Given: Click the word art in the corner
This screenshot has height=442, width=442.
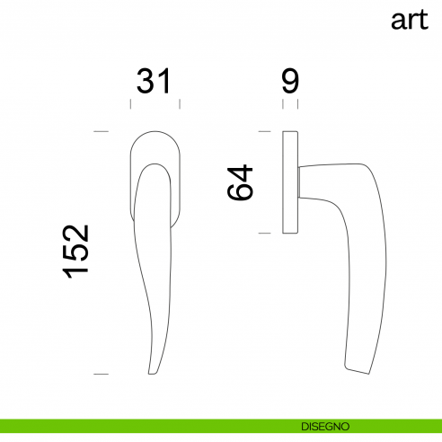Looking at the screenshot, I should coord(410,21).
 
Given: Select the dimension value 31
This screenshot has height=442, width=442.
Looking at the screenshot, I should coord(154,82).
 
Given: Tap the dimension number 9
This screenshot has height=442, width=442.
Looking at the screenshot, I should coord(289,82).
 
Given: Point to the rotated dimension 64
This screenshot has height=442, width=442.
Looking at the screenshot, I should coord(242,182).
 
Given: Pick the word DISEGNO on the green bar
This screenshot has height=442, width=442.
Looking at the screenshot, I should coord(326,425).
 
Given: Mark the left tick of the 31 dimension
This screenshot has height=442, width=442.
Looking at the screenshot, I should coord(131,104).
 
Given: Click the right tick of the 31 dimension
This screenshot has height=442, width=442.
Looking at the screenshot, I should coord(179,104).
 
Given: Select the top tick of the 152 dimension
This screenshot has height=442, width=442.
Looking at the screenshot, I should coord(101,133).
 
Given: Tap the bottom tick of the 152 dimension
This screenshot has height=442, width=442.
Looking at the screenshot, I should coord(101,373).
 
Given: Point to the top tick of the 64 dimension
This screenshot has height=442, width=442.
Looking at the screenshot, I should coord(265,133).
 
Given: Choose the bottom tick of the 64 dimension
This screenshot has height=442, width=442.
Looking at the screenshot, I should coord(265,234).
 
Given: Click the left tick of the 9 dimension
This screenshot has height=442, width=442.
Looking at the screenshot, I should coord(284,104).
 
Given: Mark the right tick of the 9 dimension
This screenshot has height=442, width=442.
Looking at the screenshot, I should coord(297,104).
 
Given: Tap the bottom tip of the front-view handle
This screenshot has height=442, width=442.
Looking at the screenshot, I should coord(153,371).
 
